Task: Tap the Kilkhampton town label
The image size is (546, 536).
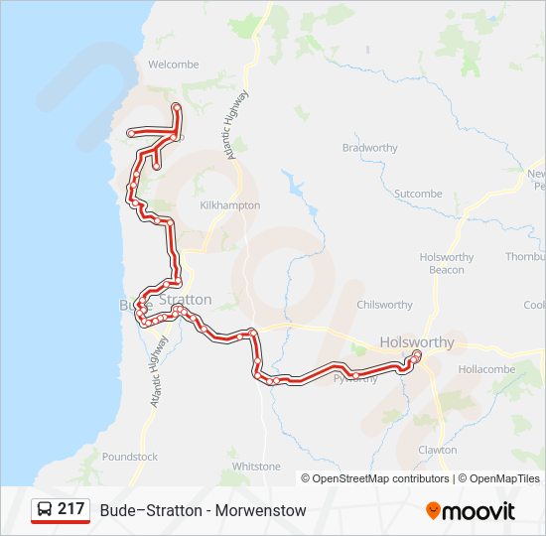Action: point(229,205)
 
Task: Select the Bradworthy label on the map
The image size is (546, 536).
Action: point(369,148)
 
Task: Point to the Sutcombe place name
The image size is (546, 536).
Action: point(418,194)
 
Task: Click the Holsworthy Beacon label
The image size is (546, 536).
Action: point(447,263)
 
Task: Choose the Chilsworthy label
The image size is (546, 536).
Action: point(384,305)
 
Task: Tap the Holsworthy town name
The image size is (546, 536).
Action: point(417,342)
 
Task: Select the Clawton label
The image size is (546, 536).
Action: point(437,450)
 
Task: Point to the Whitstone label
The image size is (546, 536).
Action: point(255,466)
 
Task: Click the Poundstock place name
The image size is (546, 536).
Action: point(129,457)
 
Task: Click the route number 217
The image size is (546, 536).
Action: point(70,509)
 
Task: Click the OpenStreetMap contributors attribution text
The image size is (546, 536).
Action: point(376,478)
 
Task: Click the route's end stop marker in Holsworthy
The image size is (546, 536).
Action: point(417,354)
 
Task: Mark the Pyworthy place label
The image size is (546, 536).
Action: point(355,378)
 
